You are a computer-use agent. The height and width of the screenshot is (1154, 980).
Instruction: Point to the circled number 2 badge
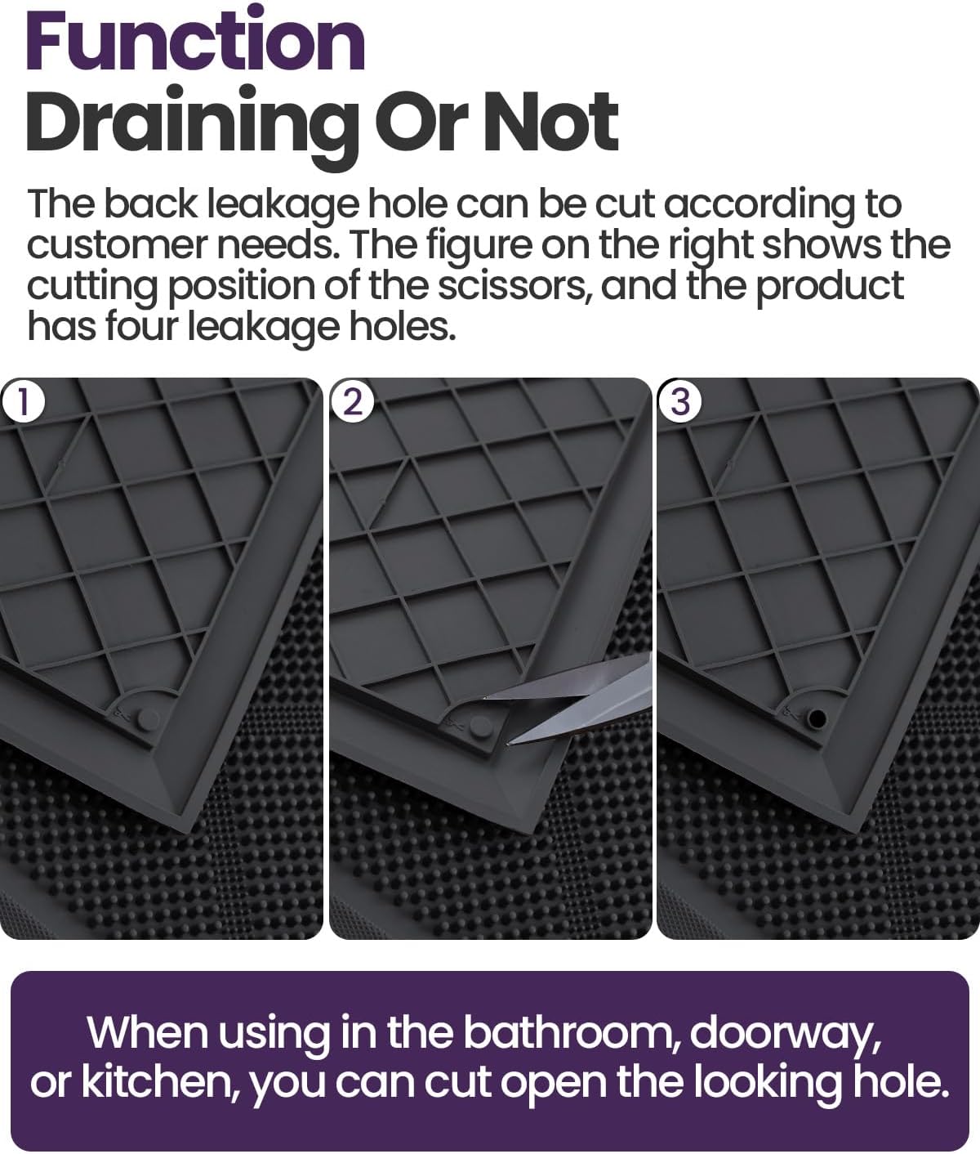point(352,402)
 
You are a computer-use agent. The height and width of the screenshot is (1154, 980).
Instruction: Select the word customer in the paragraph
point(114,244)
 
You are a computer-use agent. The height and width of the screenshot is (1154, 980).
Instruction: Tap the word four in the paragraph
point(140,326)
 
